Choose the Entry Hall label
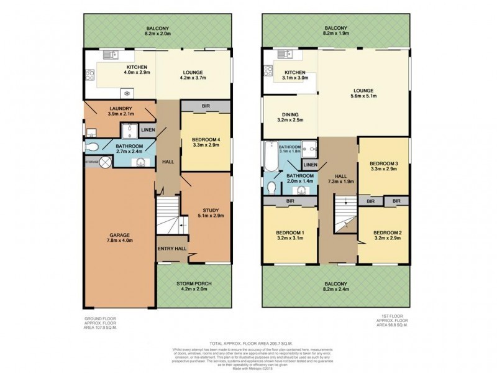click(171, 248)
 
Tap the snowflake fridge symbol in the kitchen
click(127, 93)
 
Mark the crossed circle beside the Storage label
click(106, 162)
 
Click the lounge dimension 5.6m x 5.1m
click(364, 96)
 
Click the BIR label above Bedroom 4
click(206, 106)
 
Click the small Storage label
click(92, 162)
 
